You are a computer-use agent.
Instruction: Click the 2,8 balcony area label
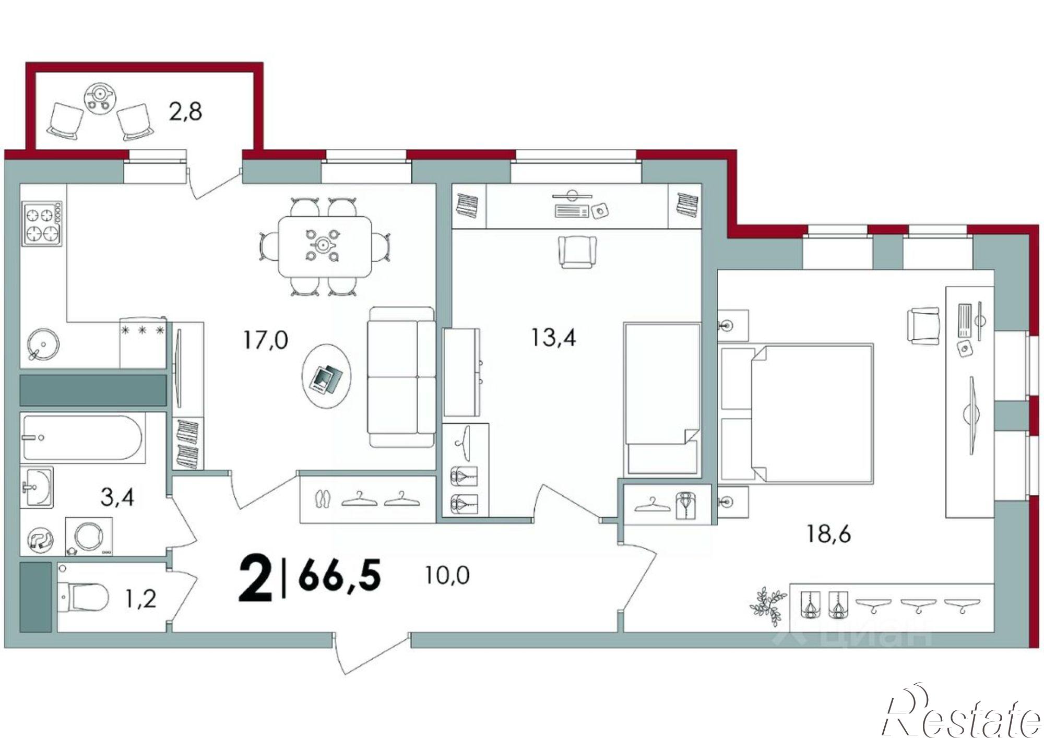(185, 112)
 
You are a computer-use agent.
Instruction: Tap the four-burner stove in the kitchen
(42, 223)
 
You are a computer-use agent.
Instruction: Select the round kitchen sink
(43, 342)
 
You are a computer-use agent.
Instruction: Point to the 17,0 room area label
(265, 340)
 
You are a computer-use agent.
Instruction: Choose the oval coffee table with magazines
(327, 376)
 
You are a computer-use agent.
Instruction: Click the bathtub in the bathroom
(82, 438)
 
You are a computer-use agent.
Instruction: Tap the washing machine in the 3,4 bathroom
(89, 536)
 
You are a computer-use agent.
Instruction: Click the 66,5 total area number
(340, 575)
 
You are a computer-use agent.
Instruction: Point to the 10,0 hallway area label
(447, 575)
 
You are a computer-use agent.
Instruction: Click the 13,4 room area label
(553, 338)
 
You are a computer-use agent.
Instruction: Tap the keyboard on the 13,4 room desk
(572, 211)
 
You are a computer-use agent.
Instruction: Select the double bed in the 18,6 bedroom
(796, 412)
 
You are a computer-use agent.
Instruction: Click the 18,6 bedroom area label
(828, 534)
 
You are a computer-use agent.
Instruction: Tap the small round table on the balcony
(99, 97)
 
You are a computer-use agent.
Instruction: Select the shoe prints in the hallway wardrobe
(323, 499)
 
